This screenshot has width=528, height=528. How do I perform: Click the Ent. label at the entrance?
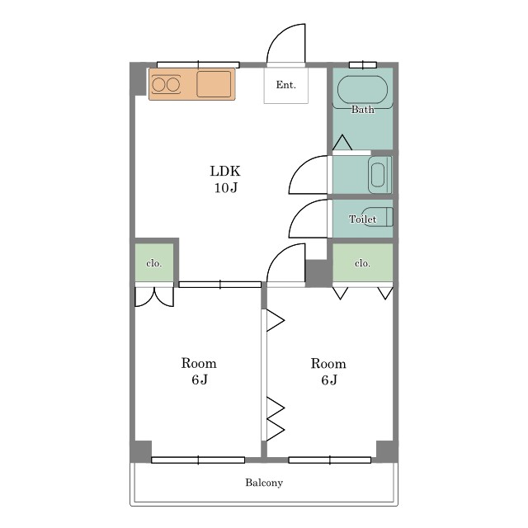pos(286,85)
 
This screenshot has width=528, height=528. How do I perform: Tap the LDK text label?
pos(225,171)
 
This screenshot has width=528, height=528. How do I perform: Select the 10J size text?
pos(226,187)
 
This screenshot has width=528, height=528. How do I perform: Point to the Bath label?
pos(363,110)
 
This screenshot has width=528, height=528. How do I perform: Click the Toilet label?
pos(362,219)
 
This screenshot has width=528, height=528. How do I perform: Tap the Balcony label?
pos(264,483)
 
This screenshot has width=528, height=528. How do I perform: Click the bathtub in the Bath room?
pos(362,90)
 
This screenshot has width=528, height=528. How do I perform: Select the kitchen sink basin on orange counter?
pos(214,84)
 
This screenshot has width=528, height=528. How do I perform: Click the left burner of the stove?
pos(158,84)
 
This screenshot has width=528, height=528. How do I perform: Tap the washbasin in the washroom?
pos(378,175)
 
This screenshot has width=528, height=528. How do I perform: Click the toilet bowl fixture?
pos(377,217)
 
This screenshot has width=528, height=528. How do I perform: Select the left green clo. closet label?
pos(154,263)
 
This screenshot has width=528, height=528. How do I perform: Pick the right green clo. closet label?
pos(362,263)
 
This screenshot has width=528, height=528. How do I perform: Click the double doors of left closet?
pos(154,297)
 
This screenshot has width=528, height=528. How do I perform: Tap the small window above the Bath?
pos(363,64)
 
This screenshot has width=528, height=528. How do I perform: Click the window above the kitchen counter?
pos(198,64)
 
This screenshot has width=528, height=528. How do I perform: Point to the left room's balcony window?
pos(198,460)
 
